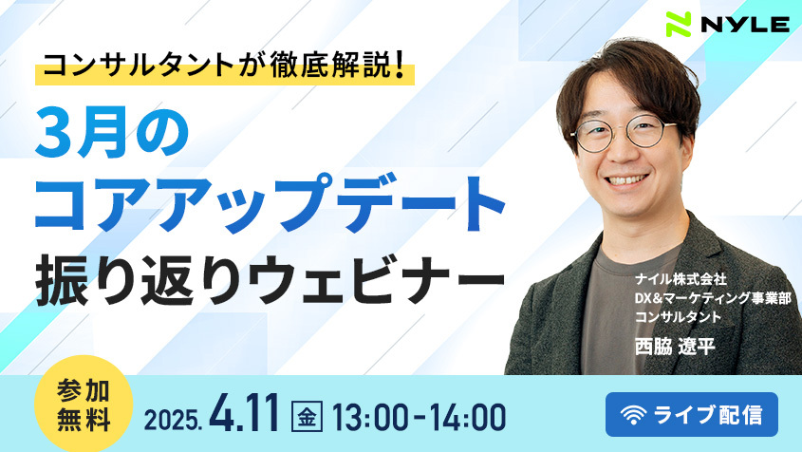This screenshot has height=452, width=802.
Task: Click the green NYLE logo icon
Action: (x=679, y=24)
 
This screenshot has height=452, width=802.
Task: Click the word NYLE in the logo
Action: (x=745, y=24)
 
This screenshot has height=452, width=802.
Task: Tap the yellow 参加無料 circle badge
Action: (x=84, y=405)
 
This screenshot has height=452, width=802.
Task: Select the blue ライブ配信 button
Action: (x=692, y=415)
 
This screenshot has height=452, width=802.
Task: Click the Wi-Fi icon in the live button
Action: (x=633, y=415)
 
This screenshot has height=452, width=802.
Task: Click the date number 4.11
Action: (x=245, y=414)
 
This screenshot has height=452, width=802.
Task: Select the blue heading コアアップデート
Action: (x=270, y=202)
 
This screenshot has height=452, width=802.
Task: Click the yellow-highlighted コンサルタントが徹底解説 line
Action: (x=225, y=66)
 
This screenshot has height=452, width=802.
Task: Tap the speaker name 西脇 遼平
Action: (x=675, y=347)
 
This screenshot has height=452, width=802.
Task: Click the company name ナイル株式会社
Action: (x=681, y=279)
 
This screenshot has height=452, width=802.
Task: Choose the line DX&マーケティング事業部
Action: (x=713, y=298)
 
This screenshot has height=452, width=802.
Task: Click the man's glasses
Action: (x=624, y=132)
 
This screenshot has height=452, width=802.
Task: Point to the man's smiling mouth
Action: (x=627, y=180)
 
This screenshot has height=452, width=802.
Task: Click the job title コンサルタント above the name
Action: (x=678, y=317)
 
